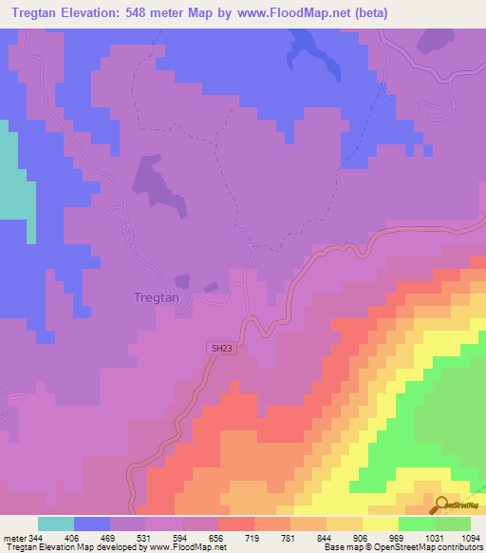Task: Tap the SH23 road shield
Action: [x=220, y=349]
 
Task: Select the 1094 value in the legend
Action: [x=470, y=537]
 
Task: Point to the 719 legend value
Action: [x=253, y=537]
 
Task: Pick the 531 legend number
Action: [x=145, y=537]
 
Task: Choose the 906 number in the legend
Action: [x=362, y=537]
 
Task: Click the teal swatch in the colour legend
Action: [x=56, y=524]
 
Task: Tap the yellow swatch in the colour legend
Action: [x=380, y=524]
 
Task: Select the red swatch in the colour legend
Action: [x=235, y=524]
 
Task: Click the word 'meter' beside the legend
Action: [x=12, y=537]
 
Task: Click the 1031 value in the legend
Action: [x=434, y=537]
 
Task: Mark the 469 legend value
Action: [x=109, y=537]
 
